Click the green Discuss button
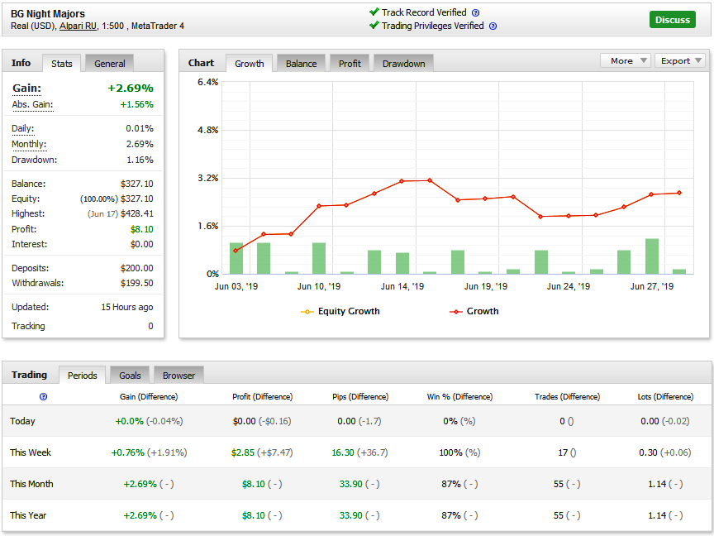[x=672, y=20]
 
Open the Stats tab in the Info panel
[x=61, y=64]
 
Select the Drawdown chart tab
[x=403, y=64]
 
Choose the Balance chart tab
[x=301, y=64]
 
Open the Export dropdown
[x=680, y=60]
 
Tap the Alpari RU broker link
[x=78, y=26]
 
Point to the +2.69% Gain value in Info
[x=131, y=88]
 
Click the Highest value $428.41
[x=137, y=213]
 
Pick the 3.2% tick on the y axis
[x=208, y=178]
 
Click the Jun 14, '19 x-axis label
[x=402, y=286]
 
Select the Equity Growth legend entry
[x=340, y=311]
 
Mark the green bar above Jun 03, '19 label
[x=236, y=258]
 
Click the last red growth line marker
[x=679, y=193]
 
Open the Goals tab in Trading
[x=130, y=375]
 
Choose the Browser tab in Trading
[x=178, y=375]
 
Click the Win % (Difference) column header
[x=459, y=396]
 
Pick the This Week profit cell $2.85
[x=243, y=452]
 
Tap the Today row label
[x=22, y=421]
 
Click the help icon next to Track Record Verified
[x=475, y=12]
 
